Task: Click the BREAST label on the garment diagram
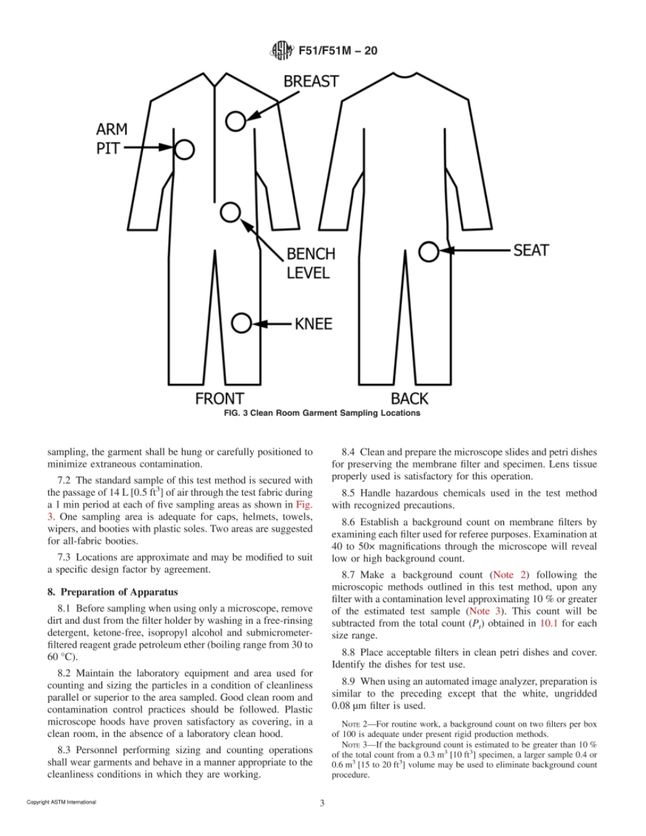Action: click(x=311, y=82)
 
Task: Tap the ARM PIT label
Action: click(x=111, y=138)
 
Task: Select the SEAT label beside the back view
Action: click(x=530, y=250)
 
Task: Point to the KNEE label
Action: click(x=313, y=324)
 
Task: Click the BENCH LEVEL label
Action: click(x=310, y=264)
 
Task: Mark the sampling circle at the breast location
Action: click(x=235, y=121)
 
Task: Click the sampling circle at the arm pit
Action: click(x=184, y=148)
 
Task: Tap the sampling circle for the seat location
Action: click(x=428, y=251)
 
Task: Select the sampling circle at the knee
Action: click(x=241, y=324)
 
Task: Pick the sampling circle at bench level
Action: click(x=231, y=212)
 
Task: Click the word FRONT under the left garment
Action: click(x=220, y=398)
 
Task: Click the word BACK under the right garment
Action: click(x=409, y=398)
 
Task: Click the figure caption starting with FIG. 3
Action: click(x=322, y=413)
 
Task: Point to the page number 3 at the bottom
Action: click(x=322, y=803)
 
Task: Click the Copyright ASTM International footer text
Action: click(x=61, y=803)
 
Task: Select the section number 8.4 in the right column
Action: click(x=349, y=451)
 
